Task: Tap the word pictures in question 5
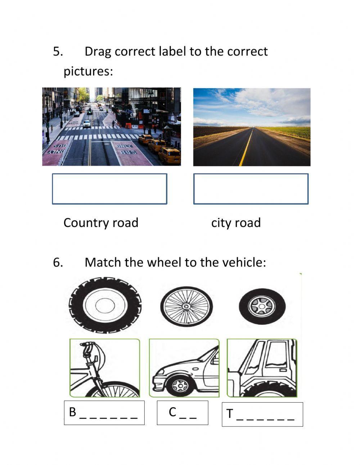point(88,71)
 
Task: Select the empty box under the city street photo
point(109,189)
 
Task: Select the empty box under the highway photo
point(251,189)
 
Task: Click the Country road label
point(101,223)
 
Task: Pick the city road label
point(236,223)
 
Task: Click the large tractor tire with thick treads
point(105,305)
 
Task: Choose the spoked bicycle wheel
point(186,306)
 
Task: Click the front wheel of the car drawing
point(180,386)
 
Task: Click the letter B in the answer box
point(73,412)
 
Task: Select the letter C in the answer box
point(172,412)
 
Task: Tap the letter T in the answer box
point(230,414)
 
